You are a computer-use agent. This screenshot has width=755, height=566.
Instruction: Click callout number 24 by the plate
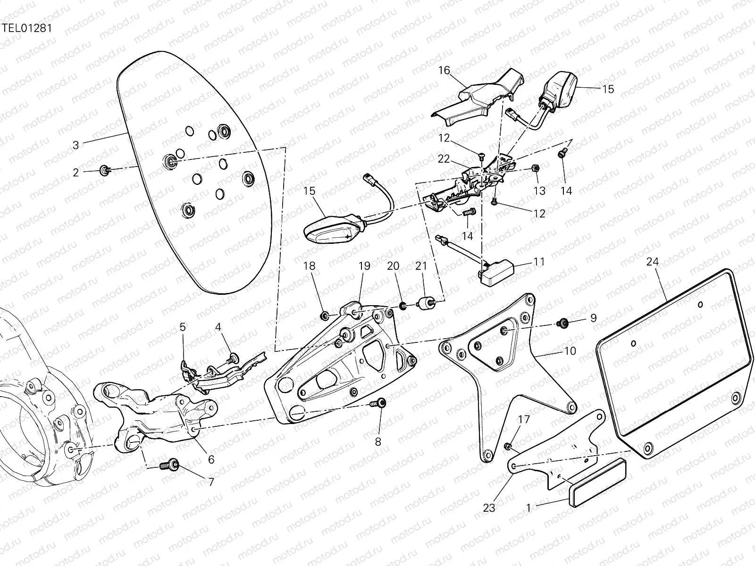653,262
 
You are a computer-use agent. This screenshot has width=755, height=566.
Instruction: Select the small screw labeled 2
104,171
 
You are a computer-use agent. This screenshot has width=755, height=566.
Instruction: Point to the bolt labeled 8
379,403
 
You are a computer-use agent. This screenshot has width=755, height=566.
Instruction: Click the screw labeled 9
562,324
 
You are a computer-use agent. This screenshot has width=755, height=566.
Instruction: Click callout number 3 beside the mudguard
76,145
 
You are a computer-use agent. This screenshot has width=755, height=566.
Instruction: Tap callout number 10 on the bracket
570,351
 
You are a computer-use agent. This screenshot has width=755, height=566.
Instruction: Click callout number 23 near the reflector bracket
489,508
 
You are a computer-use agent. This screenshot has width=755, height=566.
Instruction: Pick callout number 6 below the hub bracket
211,459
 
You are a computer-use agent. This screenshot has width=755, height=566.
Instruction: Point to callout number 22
444,159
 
